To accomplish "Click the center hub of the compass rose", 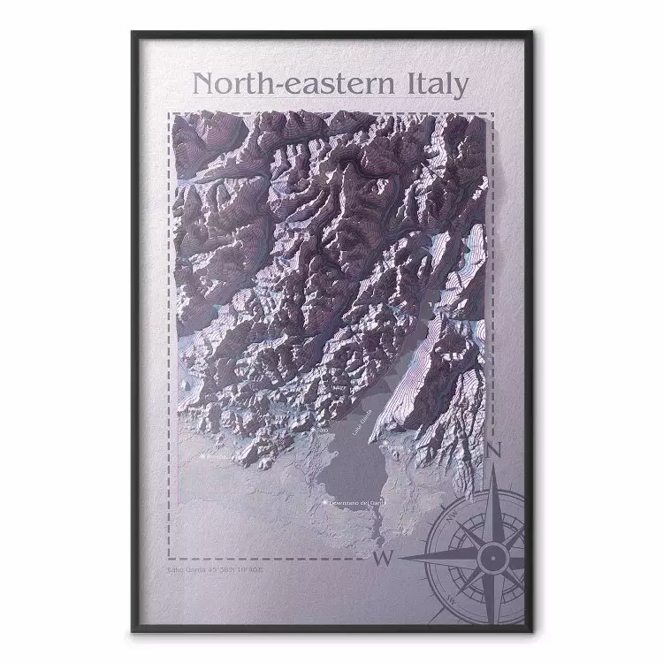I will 489,556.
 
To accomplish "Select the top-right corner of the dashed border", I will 492,113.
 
